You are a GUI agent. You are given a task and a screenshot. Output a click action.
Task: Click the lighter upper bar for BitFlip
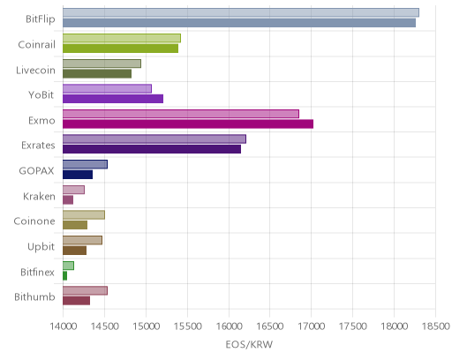[241, 12]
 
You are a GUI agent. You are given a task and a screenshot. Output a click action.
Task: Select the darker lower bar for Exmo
[188, 124]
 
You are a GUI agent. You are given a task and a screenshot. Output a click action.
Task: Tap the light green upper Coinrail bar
[122, 38]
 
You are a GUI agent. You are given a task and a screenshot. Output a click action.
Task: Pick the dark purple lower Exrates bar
[152, 149]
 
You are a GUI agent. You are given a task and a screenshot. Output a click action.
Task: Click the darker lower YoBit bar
[113, 99]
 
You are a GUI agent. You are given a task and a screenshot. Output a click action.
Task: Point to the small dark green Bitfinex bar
[64, 276]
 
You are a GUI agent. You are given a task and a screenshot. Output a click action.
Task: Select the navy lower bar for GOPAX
[78, 175]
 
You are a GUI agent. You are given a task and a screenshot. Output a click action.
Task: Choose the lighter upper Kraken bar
[73, 190]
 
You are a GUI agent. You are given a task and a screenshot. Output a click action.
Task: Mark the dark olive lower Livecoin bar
[97, 73]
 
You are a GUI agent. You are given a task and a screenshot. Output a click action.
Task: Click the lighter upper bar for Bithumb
[85, 290]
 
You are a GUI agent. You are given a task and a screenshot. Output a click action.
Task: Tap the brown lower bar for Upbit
[74, 251]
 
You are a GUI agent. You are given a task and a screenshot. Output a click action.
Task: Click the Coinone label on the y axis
[34, 221]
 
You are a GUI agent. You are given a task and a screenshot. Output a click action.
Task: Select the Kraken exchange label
[39, 196]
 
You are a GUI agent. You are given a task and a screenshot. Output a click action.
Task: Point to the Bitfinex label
[37, 272]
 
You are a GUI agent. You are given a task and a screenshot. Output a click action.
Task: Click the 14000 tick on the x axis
[64, 326]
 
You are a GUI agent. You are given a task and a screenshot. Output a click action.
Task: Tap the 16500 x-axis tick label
[270, 326]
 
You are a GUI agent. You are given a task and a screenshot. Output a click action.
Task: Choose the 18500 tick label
[436, 326]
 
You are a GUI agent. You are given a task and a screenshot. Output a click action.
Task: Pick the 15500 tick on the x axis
[187, 326]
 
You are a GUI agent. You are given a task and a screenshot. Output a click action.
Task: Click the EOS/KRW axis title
[249, 344]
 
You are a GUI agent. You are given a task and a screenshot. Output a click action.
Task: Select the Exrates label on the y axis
[38, 146]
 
